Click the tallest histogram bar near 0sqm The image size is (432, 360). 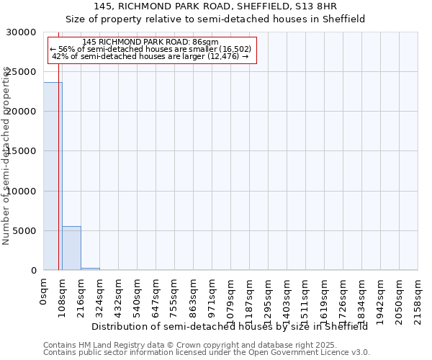[53, 176]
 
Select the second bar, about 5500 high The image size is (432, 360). [71, 248]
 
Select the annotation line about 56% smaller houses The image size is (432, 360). [150, 49]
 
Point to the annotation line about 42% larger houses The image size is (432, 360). [150, 56]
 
